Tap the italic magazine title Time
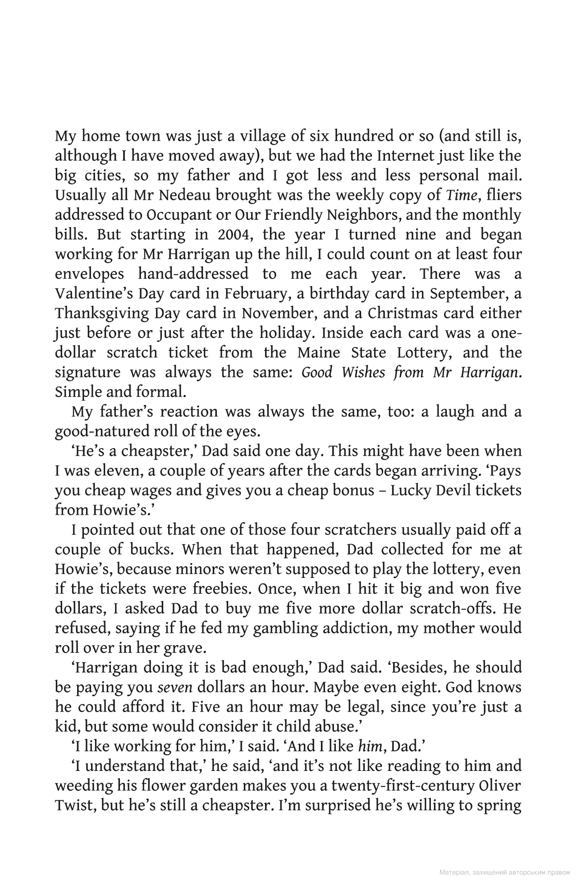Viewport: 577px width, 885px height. (x=461, y=195)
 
